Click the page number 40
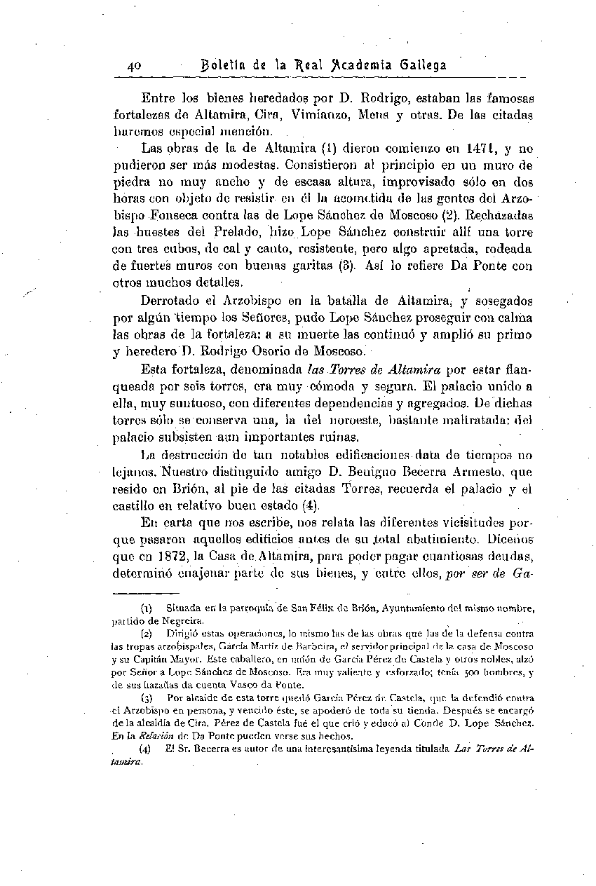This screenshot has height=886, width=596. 135,66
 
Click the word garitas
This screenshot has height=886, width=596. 324,266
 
